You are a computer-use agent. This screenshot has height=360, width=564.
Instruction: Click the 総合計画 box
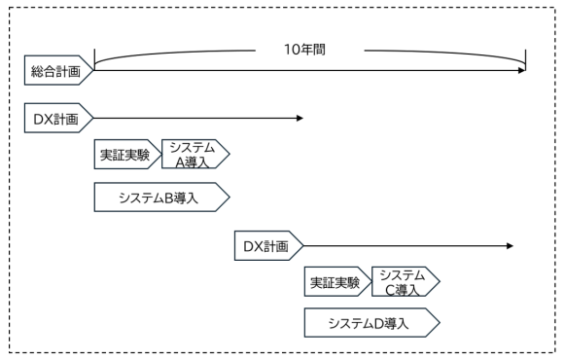[57, 69]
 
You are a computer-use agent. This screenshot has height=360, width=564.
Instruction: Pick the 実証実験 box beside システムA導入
[126, 154]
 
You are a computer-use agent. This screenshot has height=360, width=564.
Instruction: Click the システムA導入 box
[193, 154]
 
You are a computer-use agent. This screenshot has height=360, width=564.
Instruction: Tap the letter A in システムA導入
[180, 161]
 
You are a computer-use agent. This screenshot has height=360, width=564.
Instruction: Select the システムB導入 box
[159, 198]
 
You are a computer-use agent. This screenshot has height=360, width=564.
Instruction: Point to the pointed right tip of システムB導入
[229, 198]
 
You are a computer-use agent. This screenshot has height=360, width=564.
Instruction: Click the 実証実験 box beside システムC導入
[336, 282]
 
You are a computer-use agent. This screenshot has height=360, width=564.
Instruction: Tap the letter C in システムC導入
[390, 289]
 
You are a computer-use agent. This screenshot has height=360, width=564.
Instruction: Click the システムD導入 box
[370, 322]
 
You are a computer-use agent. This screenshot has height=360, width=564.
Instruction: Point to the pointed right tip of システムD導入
[441, 322]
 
